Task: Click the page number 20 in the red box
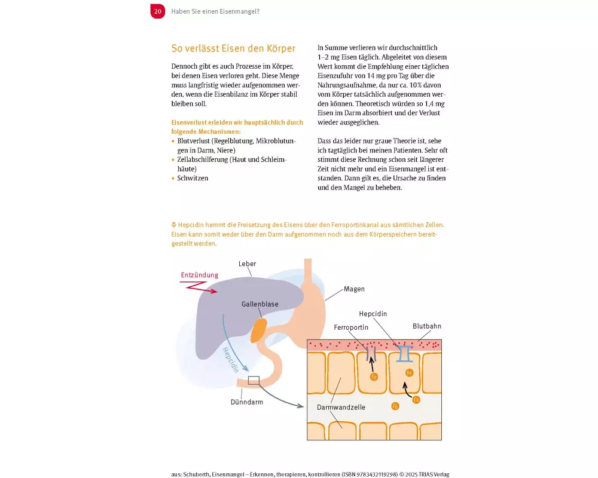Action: [x=157, y=11]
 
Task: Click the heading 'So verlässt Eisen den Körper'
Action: [x=233, y=48]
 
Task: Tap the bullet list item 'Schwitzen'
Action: [x=193, y=178]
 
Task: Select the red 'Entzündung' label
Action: [x=199, y=275]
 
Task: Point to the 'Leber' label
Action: [x=247, y=263]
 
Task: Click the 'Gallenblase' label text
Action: [x=260, y=304]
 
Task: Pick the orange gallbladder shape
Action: [x=258, y=330]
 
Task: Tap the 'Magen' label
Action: [x=354, y=289]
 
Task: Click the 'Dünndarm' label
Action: [x=248, y=402]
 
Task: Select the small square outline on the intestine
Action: [x=254, y=380]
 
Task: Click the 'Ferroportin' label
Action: [x=351, y=328]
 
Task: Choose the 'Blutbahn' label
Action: [x=427, y=326]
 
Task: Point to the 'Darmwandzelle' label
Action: [x=341, y=407]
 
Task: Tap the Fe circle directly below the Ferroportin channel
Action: [x=374, y=377]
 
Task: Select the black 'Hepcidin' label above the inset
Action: [x=374, y=314]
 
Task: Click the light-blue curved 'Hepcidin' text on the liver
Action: [x=229, y=359]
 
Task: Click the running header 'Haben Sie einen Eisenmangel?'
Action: [x=215, y=11]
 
